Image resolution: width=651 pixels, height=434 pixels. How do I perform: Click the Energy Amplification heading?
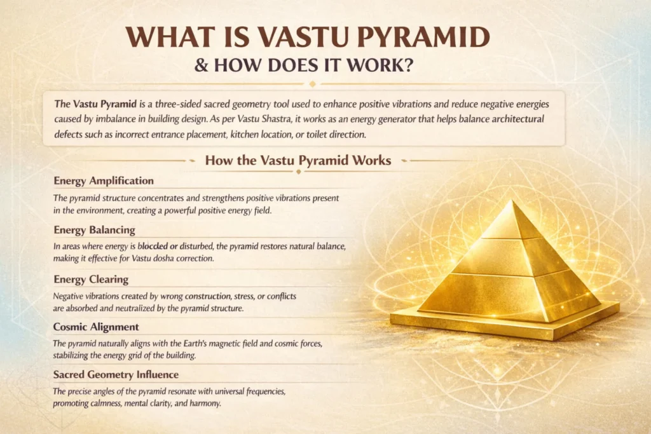104,181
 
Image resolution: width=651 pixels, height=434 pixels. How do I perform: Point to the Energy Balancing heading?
95,230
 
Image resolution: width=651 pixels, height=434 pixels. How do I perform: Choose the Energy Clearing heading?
91,280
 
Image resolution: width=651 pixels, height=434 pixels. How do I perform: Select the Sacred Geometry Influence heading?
116,375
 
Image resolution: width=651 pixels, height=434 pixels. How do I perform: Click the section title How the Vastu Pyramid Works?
298,160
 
